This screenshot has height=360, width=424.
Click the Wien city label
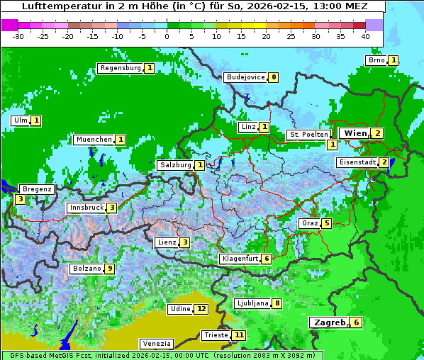pyautogui.click(x=354, y=133)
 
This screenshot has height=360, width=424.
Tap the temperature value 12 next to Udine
pyautogui.click(x=202, y=309)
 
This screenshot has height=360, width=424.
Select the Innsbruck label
pyautogui.click(x=86, y=208)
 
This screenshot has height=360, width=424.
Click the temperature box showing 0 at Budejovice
pyautogui.click(x=274, y=77)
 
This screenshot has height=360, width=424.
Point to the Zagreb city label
pyautogui.click(x=328, y=322)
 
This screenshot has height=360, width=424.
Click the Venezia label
pyautogui.click(x=156, y=343)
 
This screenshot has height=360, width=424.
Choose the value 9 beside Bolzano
pyautogui.click(x=109, y=269)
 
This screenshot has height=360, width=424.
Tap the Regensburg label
pyautogui.click(x=120, y=68)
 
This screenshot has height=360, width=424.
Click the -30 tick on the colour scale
pyautogui.click(x=18, y=36)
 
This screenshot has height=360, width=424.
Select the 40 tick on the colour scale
pyautogui.click(x=365, y=36)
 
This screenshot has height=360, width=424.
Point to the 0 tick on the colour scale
pyautogui.click(x=167, y=36)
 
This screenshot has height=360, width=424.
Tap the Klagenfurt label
pyautogui.click(x=240, y=259)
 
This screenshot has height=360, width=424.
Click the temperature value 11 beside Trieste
pyautogui.click(x=239, y=335)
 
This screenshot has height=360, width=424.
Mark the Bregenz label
pyautogui.click(x=37, y=189)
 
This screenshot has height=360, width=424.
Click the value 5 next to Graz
pyautogui.click(x=326, y=223)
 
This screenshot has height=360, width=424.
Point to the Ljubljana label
pyautogui.click(x=252, y=303)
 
